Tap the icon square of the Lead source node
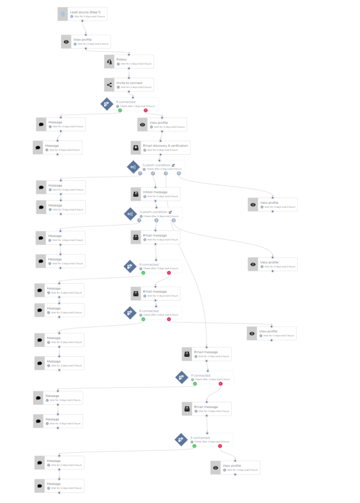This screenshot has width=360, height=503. [x=63, y=14]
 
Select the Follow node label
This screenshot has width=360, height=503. [x=122, y=58]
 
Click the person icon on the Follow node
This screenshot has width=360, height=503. [x=109, y=61]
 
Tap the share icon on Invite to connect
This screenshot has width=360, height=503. [x=109, y=85]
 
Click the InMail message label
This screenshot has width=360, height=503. [x=155, y=192]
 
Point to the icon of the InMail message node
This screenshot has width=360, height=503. [x=136, y=194]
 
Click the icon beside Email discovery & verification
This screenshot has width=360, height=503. [x=136, y=147]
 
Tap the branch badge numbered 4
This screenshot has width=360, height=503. [x=179, y=174]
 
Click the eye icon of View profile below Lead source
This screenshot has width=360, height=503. [x=66, y=42]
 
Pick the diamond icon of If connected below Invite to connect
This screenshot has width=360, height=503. [x=107, y=104]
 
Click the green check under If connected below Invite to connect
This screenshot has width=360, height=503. [x=120, y=110]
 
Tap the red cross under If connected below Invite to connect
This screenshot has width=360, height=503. [x=146, y=110]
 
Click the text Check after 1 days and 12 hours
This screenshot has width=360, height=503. [x=138, y=107]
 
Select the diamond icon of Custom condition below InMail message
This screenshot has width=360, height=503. [x=130, y=214]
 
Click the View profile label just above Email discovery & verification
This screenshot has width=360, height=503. [x=159, y=122]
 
